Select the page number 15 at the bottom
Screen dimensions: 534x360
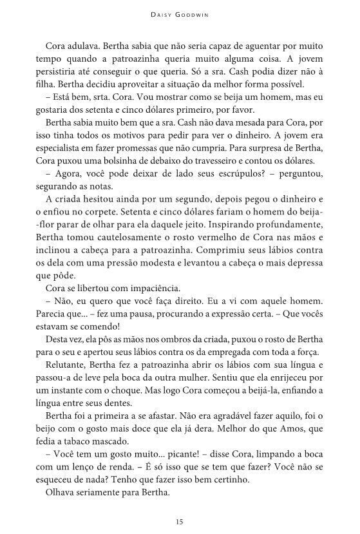[180, 520]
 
